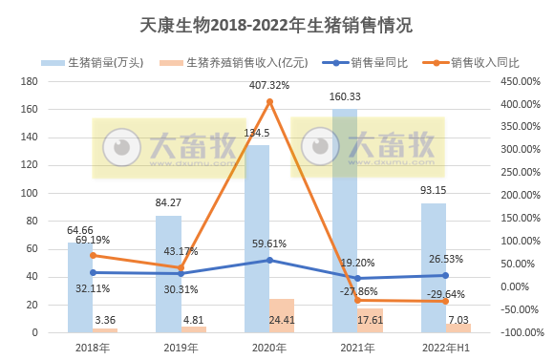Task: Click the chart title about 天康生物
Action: click(x=276, y=24)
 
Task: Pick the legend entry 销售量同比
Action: click(x=379, y=62)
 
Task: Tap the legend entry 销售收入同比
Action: click(x=484, y=62)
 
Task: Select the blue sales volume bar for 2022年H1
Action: click(x=433, y=267)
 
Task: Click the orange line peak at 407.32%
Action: click(x=269, y=101)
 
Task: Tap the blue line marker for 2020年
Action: click(x=269, y=260)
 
